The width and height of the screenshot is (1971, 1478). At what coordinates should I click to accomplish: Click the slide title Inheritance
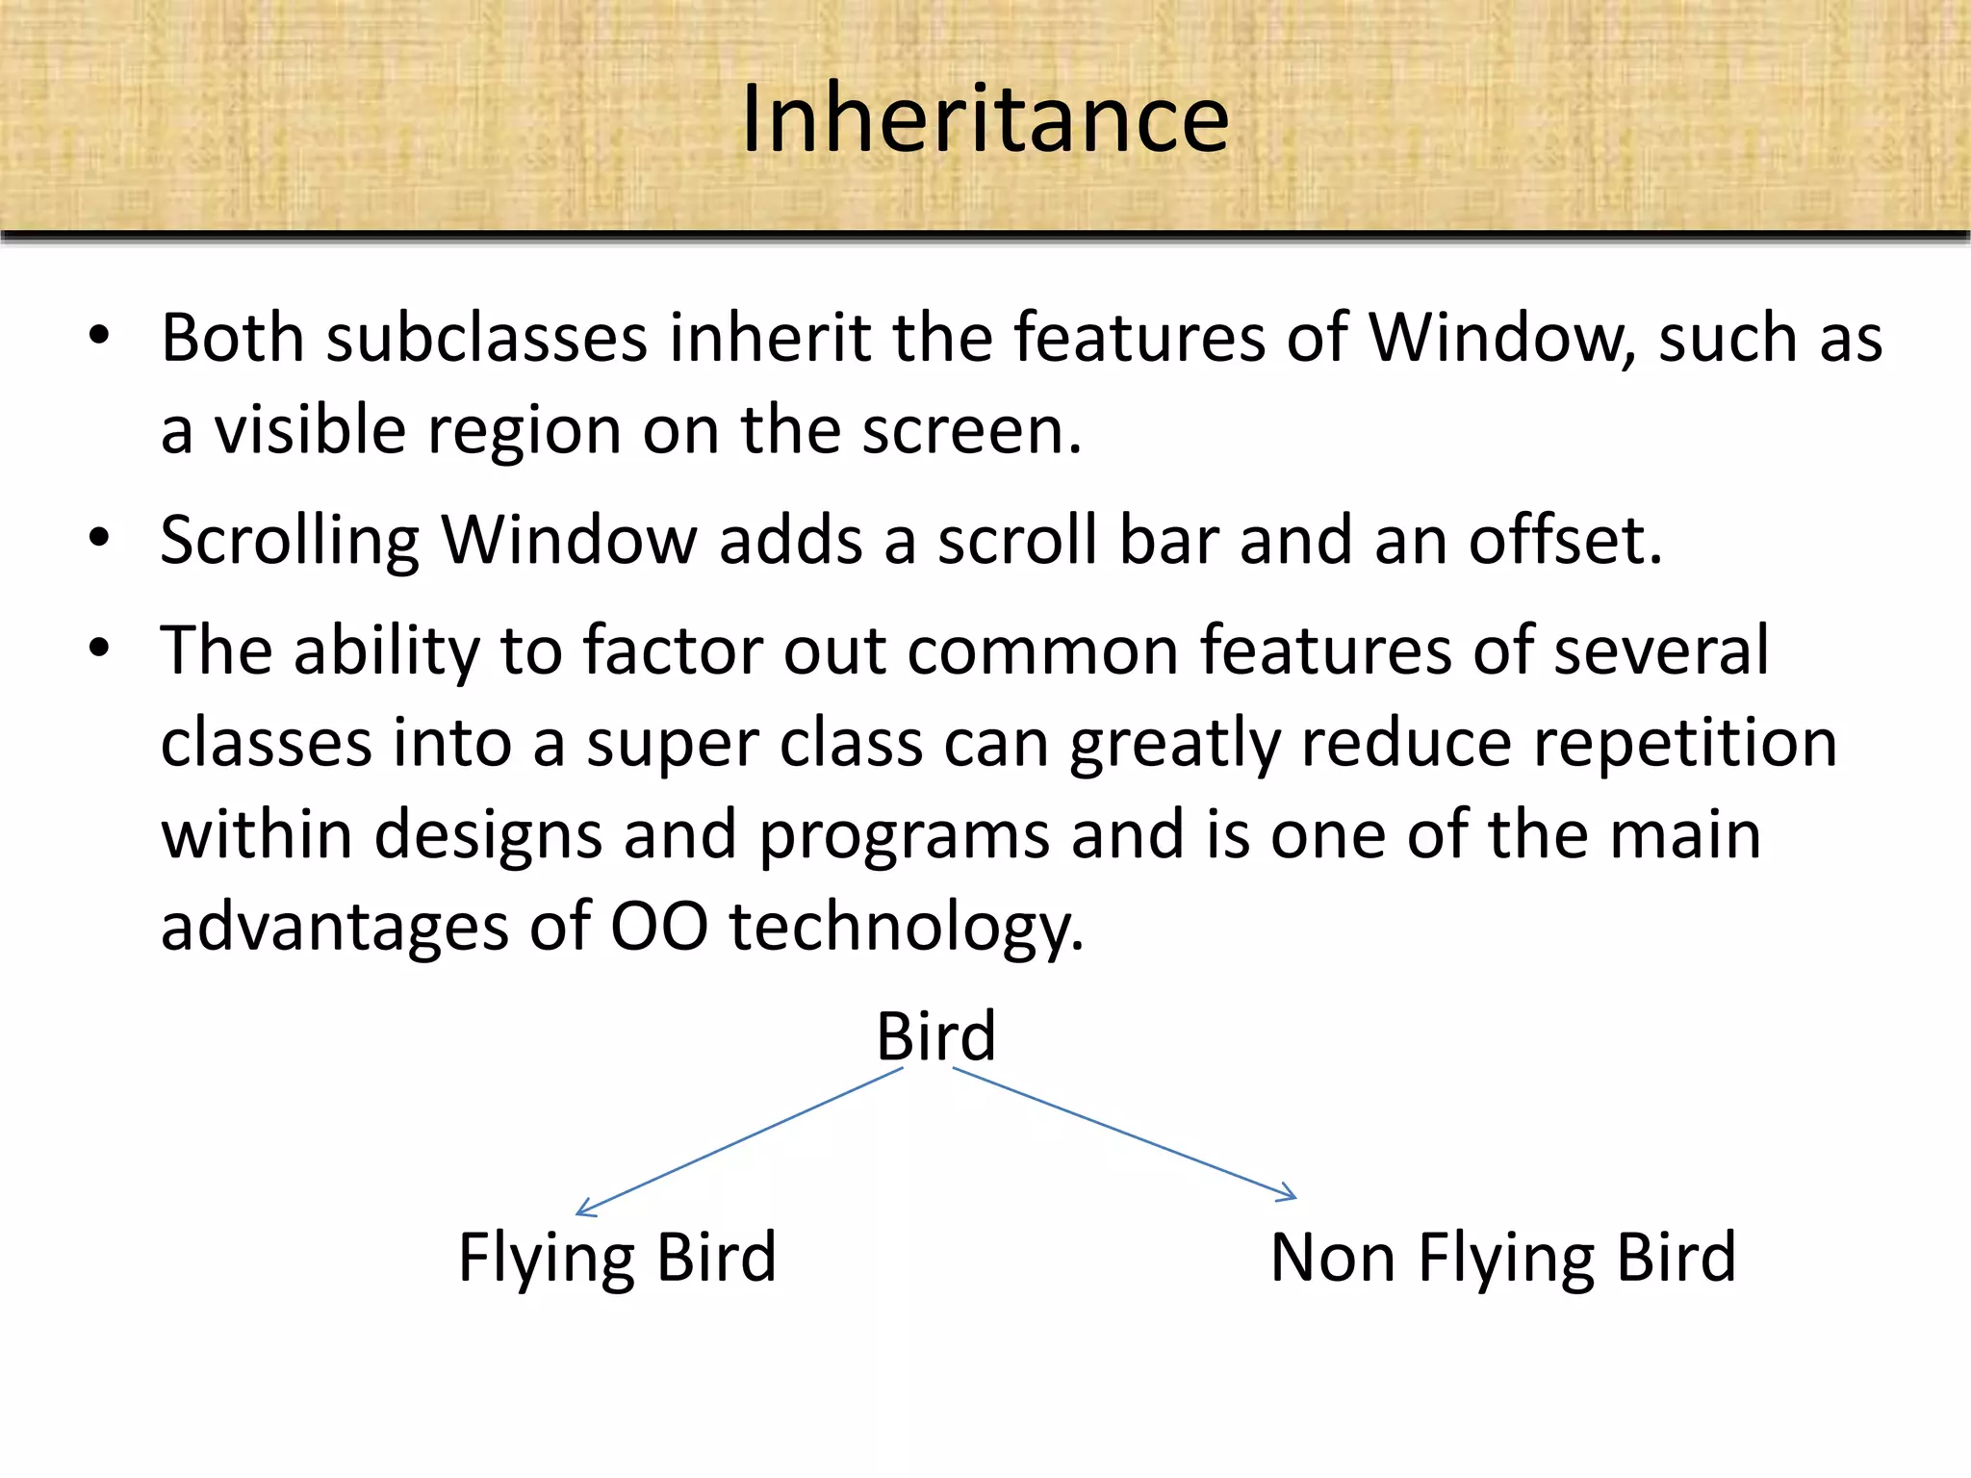985,118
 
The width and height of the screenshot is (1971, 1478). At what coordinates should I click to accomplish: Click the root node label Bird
935,1036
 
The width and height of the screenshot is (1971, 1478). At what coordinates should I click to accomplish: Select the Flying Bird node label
617,1257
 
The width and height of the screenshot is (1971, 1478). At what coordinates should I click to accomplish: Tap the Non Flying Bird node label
1502,1257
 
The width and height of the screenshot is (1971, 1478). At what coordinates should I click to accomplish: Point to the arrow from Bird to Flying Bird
739,1142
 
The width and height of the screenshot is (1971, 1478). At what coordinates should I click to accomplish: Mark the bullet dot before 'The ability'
98,649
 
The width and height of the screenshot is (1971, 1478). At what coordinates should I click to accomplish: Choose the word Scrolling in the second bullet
290,541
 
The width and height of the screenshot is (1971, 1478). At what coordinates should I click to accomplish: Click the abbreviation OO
658,927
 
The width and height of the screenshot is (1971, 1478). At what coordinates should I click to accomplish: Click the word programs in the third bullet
904,836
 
